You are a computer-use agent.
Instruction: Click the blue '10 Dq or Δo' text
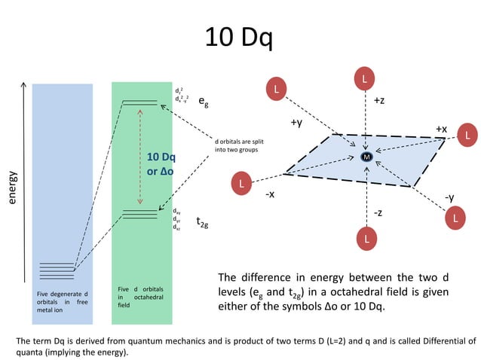(x=161, y=164)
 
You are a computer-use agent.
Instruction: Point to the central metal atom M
(x=366, y=157)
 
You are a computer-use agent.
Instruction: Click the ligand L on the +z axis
(x=366, y=78)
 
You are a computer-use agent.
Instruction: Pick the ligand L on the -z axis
(x=366, y=239)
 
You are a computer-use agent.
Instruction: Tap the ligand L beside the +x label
(x=467, y=136)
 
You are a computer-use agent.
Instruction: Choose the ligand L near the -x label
(x=241, y=183)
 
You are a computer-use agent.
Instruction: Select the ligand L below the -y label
(x=455, y=218)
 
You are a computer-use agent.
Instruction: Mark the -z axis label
(x=378, y=213)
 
